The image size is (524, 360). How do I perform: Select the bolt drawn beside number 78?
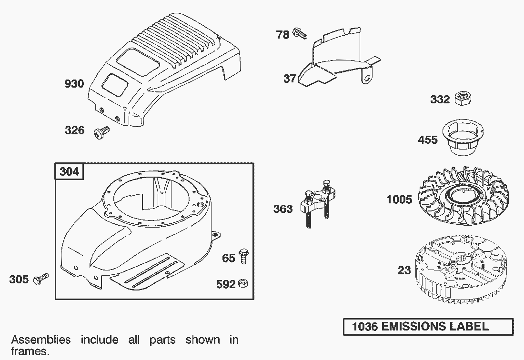pos(300,33)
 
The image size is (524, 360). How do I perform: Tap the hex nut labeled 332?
pos(463,99)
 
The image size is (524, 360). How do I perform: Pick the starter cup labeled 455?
pos(463,138)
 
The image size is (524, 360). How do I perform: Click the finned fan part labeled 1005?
pos(463,197)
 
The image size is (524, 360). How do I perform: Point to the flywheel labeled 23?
pos(463,269)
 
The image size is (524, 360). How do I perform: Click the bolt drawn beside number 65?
pos(243,256)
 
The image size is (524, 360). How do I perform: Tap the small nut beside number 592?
pos(243,284)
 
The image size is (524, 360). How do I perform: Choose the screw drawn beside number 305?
pos(41,279)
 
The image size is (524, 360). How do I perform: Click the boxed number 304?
pos(69,171)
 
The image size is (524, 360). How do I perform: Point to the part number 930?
pos(74,83)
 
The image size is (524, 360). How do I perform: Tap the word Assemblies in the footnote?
pos(41,340)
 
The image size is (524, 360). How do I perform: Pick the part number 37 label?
pos(290,79)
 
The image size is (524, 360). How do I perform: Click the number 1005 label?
pos(399,200)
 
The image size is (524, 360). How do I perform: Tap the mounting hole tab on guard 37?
pos(366,77)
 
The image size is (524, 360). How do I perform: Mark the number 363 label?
pos(283,209)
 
